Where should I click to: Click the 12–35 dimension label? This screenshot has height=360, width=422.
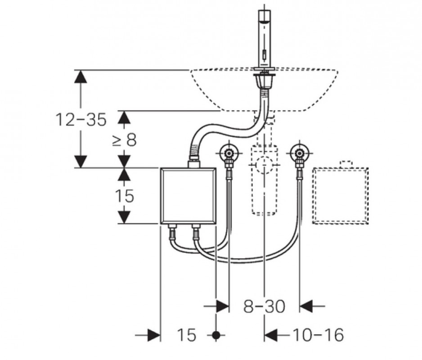[81, 120]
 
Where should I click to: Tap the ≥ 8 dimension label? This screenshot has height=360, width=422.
[125, 140]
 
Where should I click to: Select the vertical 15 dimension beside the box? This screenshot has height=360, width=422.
[124, 196]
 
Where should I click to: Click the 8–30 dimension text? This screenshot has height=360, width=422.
[264, 306]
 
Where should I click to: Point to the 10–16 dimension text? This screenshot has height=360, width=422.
[318, 335]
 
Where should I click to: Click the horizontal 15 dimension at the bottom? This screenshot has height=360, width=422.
[187, 335]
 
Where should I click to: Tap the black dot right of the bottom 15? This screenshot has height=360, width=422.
[216, 335]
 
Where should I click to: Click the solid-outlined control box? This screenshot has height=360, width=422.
[189, 196]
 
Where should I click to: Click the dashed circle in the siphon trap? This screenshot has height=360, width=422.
[264, 165]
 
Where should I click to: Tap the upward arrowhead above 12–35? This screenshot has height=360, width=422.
[81, 76]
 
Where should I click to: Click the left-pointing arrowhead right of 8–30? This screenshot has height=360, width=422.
[306, 306]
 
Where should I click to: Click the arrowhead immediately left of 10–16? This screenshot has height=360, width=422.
[271, 335]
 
